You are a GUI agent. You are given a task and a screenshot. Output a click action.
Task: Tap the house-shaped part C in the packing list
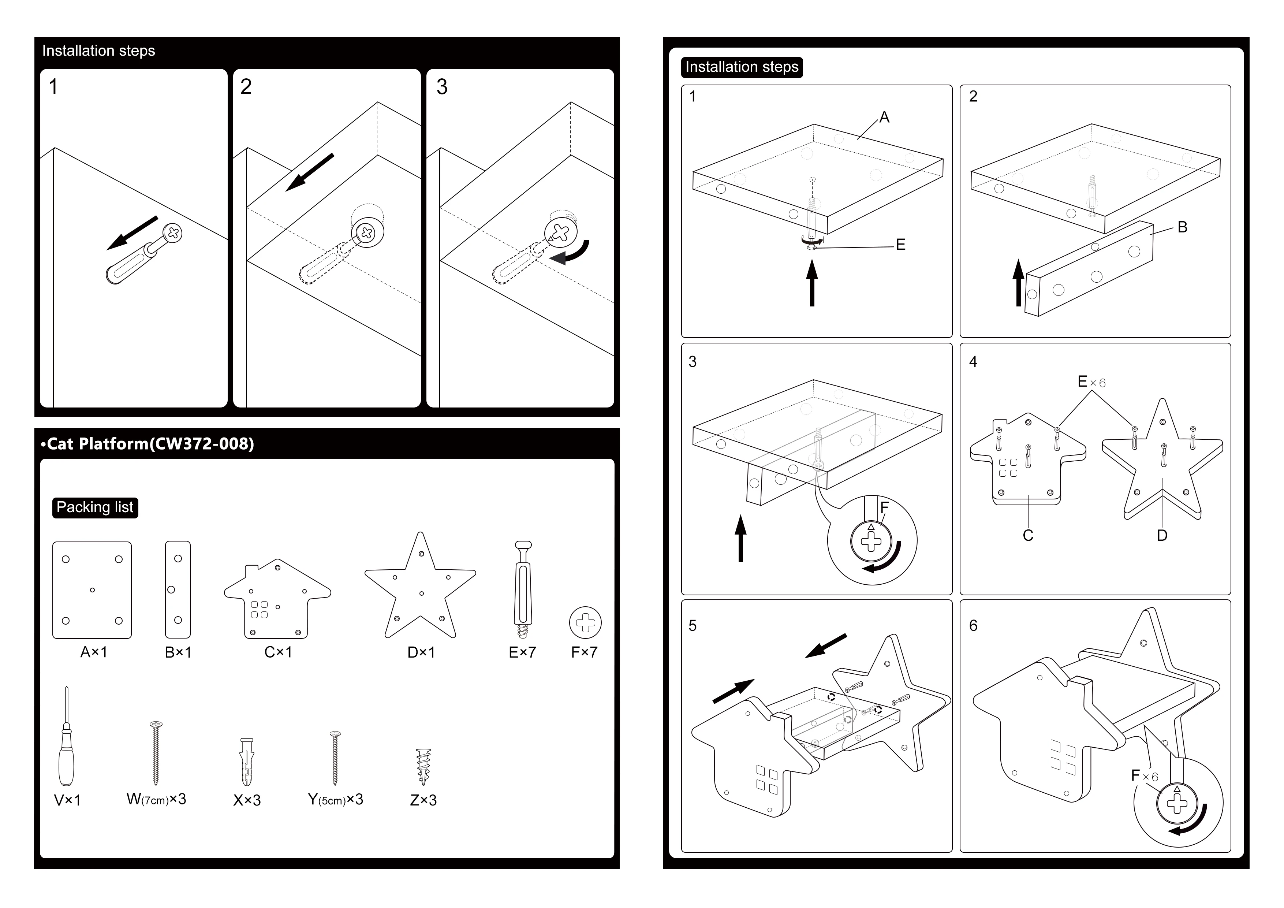[277, 599]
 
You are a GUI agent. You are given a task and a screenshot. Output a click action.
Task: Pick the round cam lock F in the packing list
[586, 623]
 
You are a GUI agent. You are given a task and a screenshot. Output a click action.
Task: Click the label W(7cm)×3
[157, 800]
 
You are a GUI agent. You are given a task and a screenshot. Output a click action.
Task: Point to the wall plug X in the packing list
[247, 762]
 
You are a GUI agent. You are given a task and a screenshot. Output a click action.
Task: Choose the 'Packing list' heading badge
[95, 507]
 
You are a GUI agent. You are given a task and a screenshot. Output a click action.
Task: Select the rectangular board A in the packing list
[92, 590]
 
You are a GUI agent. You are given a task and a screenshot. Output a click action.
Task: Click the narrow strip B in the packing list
[178, 590]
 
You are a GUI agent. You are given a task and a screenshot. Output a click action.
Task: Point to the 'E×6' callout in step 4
[1091, 382]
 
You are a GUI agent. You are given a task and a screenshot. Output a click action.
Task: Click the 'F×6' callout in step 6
[1144, 776]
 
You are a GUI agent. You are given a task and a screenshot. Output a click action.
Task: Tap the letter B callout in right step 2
[1182, 227]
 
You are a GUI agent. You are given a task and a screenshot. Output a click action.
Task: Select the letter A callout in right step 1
[884, 118]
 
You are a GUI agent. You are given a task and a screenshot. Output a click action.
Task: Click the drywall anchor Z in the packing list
[424, 767]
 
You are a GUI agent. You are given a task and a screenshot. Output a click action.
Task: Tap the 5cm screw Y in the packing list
[335, 758]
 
